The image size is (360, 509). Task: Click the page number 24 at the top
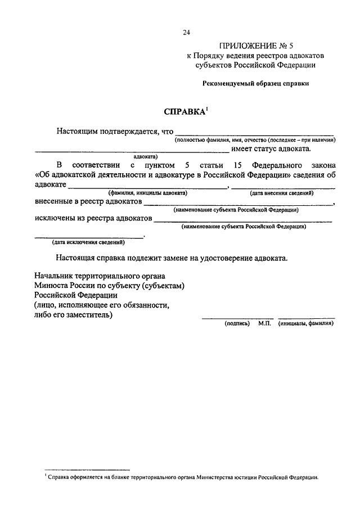tap(186, 32)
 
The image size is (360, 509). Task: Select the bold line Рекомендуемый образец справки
tap(256, 83)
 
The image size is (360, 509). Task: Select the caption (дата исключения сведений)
tap(88, 242)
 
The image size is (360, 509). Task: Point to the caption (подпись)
tap(237, 324)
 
